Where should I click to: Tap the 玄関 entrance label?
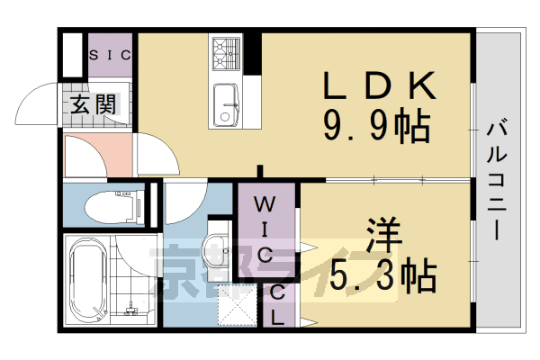tap(94, 103)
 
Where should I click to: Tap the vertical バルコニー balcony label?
tap(498, 180)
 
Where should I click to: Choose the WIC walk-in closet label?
tap(265, 228)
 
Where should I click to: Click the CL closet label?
tap(279, 304)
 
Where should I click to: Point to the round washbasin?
tap(215, 249)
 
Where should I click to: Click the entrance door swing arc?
tap(36, 103)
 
